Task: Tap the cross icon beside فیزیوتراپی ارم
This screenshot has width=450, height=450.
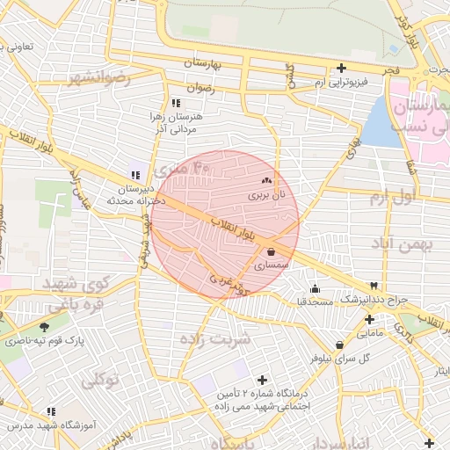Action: (341, 68)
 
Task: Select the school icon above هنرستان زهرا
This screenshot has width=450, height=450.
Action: (177, 102)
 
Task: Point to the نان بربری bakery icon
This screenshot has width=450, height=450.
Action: (266, 180)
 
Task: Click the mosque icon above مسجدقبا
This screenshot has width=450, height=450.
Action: (315, 289)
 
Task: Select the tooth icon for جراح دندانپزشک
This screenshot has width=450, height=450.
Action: (375, 286)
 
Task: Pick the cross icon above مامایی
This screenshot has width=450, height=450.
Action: (367, 319)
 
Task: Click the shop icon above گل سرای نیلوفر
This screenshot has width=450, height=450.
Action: (338, 345)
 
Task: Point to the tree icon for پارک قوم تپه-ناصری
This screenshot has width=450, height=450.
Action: (45, 327)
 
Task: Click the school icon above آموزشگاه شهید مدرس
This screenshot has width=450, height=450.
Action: (51, 411)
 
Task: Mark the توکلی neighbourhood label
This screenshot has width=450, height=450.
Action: (99, 381)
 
